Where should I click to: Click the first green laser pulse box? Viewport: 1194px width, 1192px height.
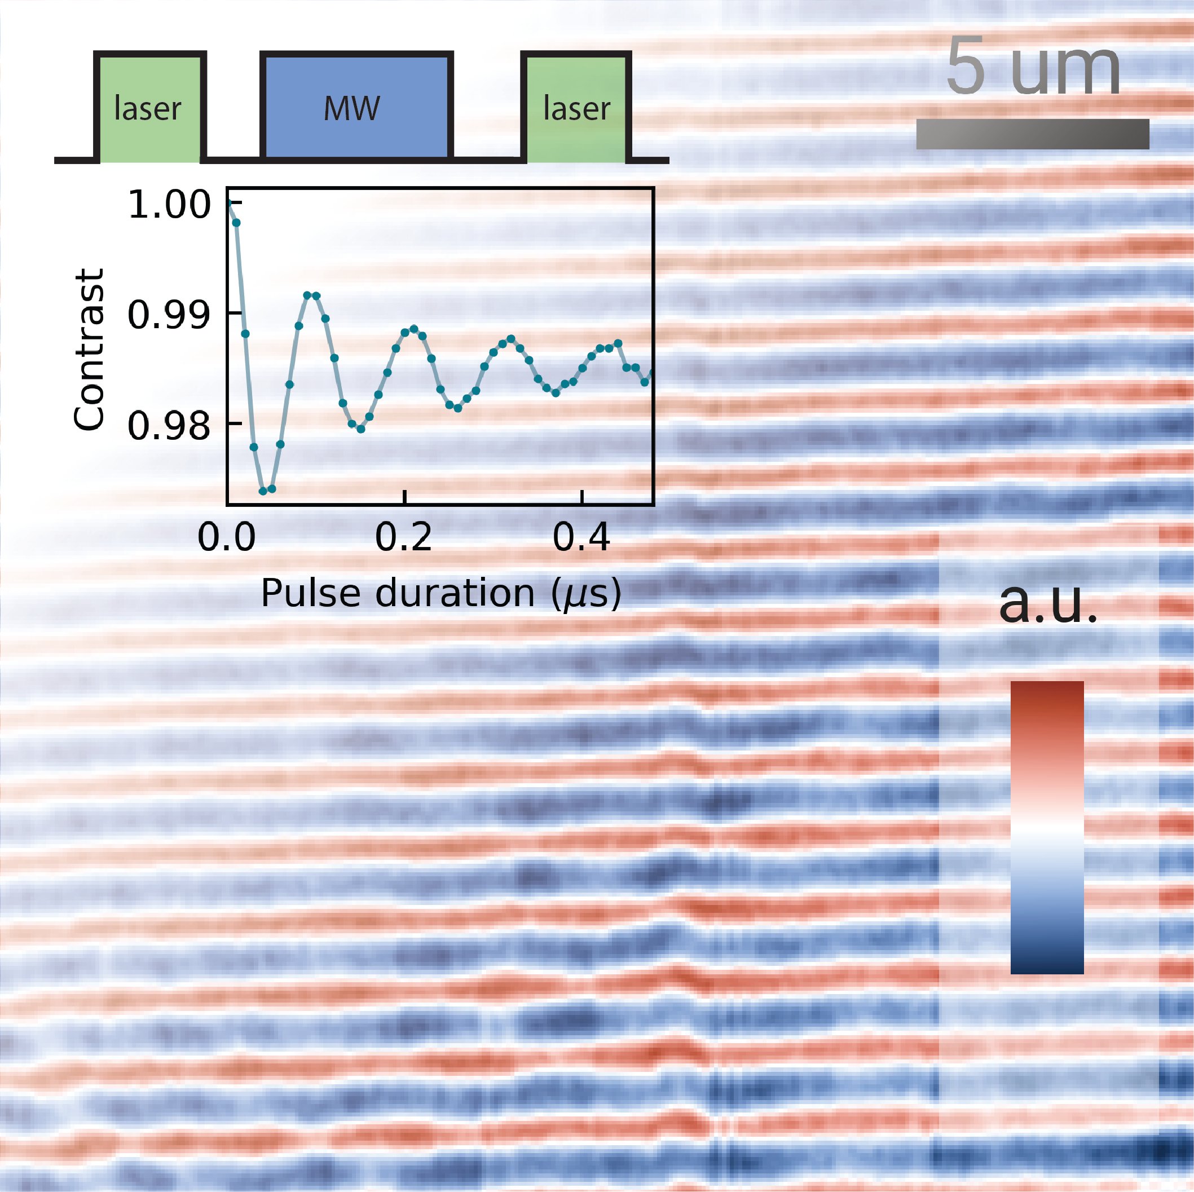(149, 108)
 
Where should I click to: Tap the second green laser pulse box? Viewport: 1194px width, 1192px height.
(576, 108)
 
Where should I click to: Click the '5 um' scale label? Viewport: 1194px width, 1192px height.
(1033, 68)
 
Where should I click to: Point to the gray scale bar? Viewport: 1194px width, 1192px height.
(1032, 134)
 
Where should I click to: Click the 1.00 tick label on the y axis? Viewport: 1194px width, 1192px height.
(169, 205)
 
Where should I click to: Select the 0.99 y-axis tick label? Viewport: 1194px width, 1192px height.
(169, 315)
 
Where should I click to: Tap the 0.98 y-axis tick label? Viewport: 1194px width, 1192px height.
(169, 426)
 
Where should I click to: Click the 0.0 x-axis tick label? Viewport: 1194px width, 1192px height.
(226, 537)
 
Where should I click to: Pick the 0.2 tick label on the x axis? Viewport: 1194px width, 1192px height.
(404, 537)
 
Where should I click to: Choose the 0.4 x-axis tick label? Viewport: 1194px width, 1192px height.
(581, 537)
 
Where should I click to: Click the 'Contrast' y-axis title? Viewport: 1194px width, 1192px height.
(89, 350)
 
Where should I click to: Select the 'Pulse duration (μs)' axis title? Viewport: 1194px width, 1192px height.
(440, 593)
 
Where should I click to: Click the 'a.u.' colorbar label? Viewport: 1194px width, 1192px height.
(1047, 603)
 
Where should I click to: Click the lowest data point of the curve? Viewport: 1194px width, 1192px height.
(263, 491)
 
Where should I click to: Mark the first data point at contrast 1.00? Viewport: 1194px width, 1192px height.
(228, 202)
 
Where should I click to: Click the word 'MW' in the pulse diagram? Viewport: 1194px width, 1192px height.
(351, 109)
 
